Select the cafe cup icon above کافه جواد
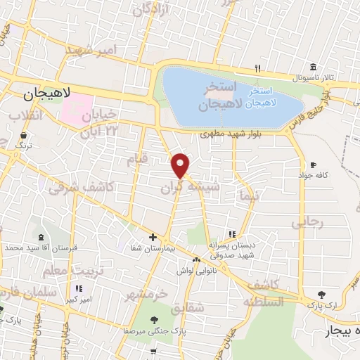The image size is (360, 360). (313, 164)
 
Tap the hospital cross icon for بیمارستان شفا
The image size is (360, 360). (153, 237)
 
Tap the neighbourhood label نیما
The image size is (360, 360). (250, 195)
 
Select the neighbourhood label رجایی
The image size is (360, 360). (311, 222)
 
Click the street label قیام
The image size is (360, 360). (138, 160)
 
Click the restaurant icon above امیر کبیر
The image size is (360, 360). (79, 288)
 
